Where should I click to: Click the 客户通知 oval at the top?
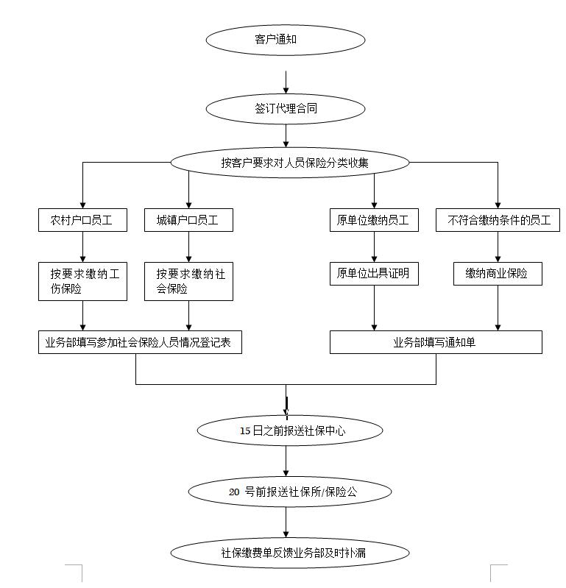pyautogui.click(x=286, y=40)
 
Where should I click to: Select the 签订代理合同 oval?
pyautogui.click(x=286, y=109)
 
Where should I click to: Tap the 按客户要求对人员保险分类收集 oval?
pyautogui.click(x=289, y=163)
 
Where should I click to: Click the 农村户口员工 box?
pyautogui.click(x=82, y=220)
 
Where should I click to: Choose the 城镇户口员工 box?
pyautogui.click(x=188, y=220)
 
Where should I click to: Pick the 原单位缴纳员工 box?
pyautogui.click(x=373, y=220)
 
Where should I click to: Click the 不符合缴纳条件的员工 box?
pyautogui.click(x=498, y=220)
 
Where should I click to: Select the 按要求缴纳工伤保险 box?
pyautogui.click(x=82, y=281)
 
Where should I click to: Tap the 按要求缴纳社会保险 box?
pyautogui.click(x=189, y=281)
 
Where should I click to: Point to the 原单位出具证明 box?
pyautogui.click(x=373, y=274)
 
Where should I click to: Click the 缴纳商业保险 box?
pyautogui.click(x=498, y=274)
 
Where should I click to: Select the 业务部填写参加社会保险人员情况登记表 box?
pyautogui.click(x=140, y=342)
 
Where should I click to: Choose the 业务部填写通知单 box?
pyautogui.click(x=436, y=342)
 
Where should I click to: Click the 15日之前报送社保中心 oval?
pyautogui.click(x=290, y=431)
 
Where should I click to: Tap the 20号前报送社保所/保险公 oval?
pyautogui.click(x=290, y=491)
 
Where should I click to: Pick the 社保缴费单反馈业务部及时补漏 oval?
pyautogui.click(x=290, y=552)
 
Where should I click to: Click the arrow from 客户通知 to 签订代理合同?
pyautogui.click(x=286, y=82)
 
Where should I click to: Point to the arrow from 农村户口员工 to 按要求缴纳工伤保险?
pyautogui.click(x=82, y=246)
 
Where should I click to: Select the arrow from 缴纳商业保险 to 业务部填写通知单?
pyautogui.click(x=498, y=308)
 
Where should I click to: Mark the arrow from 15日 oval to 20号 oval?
pyautogui.click(x=286, y=461)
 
